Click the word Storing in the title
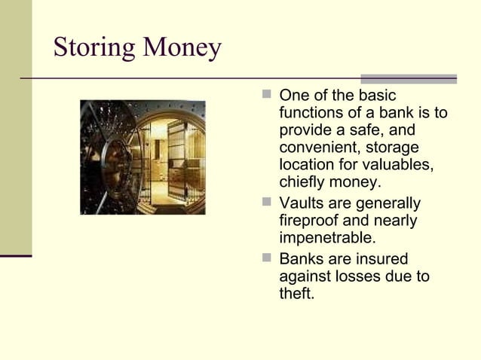pos(90,47)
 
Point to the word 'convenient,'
pos(320,148)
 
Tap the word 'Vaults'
pos(300,203)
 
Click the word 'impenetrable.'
pos(327,238)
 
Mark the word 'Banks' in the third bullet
pos(300,259)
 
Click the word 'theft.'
pos(296,294)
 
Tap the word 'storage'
pos(392,148)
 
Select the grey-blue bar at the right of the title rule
pos(408,78)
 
